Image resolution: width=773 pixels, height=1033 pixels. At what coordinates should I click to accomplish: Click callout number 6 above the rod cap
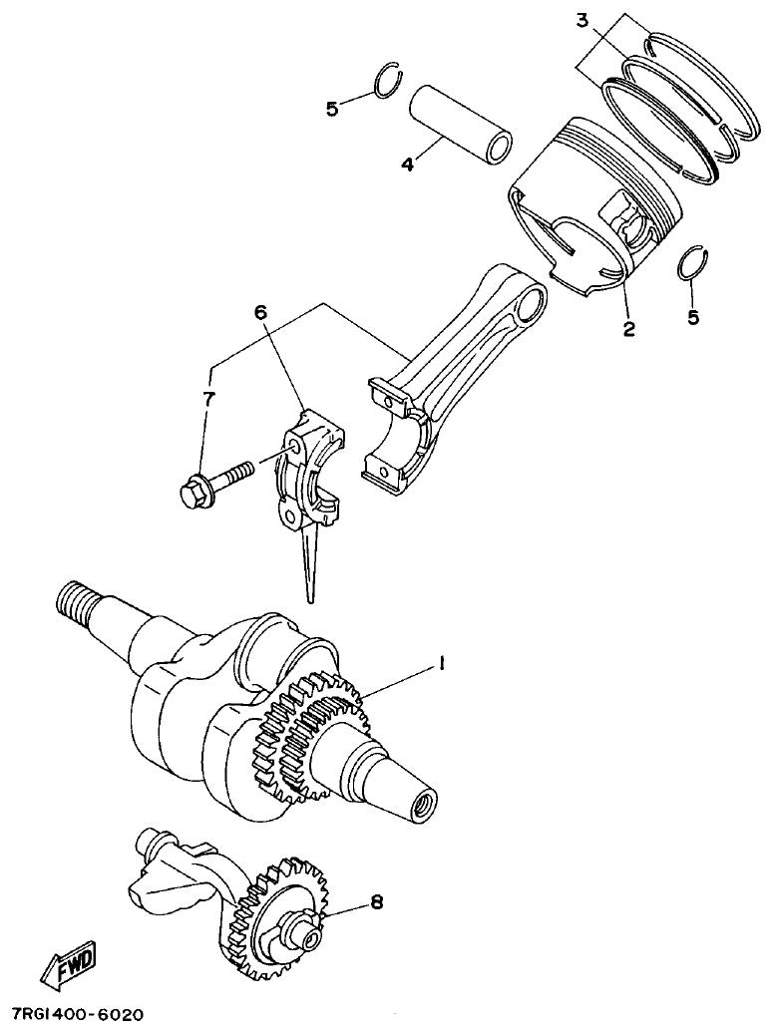pyautogui.click(x=261, y=313)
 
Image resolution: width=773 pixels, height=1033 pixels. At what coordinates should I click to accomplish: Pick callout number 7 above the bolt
pyautogui.click(x=208, y=399)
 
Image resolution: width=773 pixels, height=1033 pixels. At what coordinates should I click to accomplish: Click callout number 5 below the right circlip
pyautogui.click(x=693, y=318)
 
